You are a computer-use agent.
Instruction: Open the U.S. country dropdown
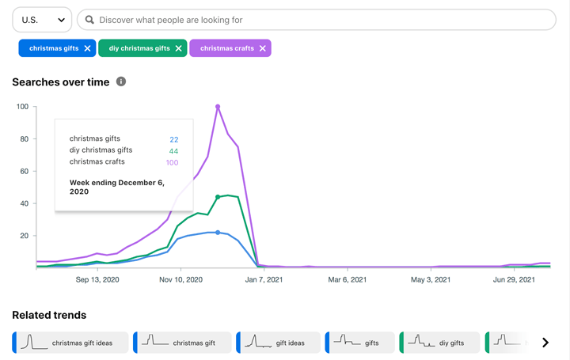coord(42,20)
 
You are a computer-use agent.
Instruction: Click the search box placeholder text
coord(171,20)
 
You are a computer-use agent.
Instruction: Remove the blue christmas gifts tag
coord(87,48)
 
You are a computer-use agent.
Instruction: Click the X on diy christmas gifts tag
coord(179,48)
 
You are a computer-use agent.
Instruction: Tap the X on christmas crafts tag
coord(263,48)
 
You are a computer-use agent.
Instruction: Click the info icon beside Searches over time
coord(121,81)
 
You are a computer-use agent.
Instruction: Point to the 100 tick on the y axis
coord(22,107)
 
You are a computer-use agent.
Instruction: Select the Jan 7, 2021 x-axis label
coord(264,279)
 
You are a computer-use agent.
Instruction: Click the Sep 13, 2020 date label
coord(97,279)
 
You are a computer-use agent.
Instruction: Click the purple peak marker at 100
coord(218,107)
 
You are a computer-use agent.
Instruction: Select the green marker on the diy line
coord(218,197)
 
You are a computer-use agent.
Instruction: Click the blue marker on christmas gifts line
coord(218,233)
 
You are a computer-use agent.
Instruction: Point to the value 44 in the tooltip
coord(173,151)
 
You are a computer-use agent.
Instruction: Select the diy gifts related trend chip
coord(440,343)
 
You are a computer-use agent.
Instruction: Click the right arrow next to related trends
coord(545,343)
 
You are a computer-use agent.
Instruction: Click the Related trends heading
coord(49,315)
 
